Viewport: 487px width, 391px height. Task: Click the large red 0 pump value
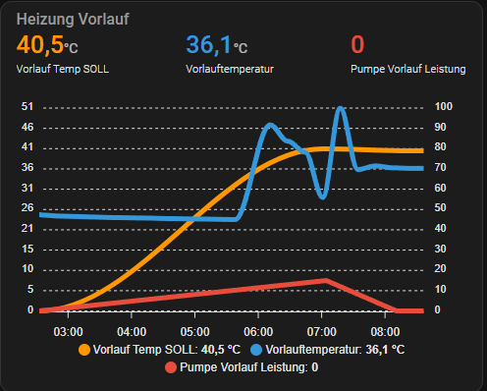[x=357, y=45]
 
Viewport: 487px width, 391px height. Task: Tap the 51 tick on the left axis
[x=27, y=107]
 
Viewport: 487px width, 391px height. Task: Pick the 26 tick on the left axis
[x=27, y=208]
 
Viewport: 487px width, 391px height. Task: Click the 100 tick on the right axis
[x=444, y=107]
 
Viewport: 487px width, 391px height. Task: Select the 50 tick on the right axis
[x=443, y=208]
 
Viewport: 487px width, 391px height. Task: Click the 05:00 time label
[x=194, y=330]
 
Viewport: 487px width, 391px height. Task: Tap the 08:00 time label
[x=386, y=330]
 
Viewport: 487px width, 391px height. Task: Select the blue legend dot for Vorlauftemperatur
[x=256, y=349]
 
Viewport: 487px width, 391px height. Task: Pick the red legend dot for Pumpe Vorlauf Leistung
[x=170, y=366]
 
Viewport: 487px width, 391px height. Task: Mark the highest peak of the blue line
[x=341, y=108]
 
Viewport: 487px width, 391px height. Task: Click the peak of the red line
[x=326, y=280]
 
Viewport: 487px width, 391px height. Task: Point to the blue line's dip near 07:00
[x=322, y=196]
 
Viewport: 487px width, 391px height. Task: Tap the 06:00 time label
[x=258, y=330]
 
